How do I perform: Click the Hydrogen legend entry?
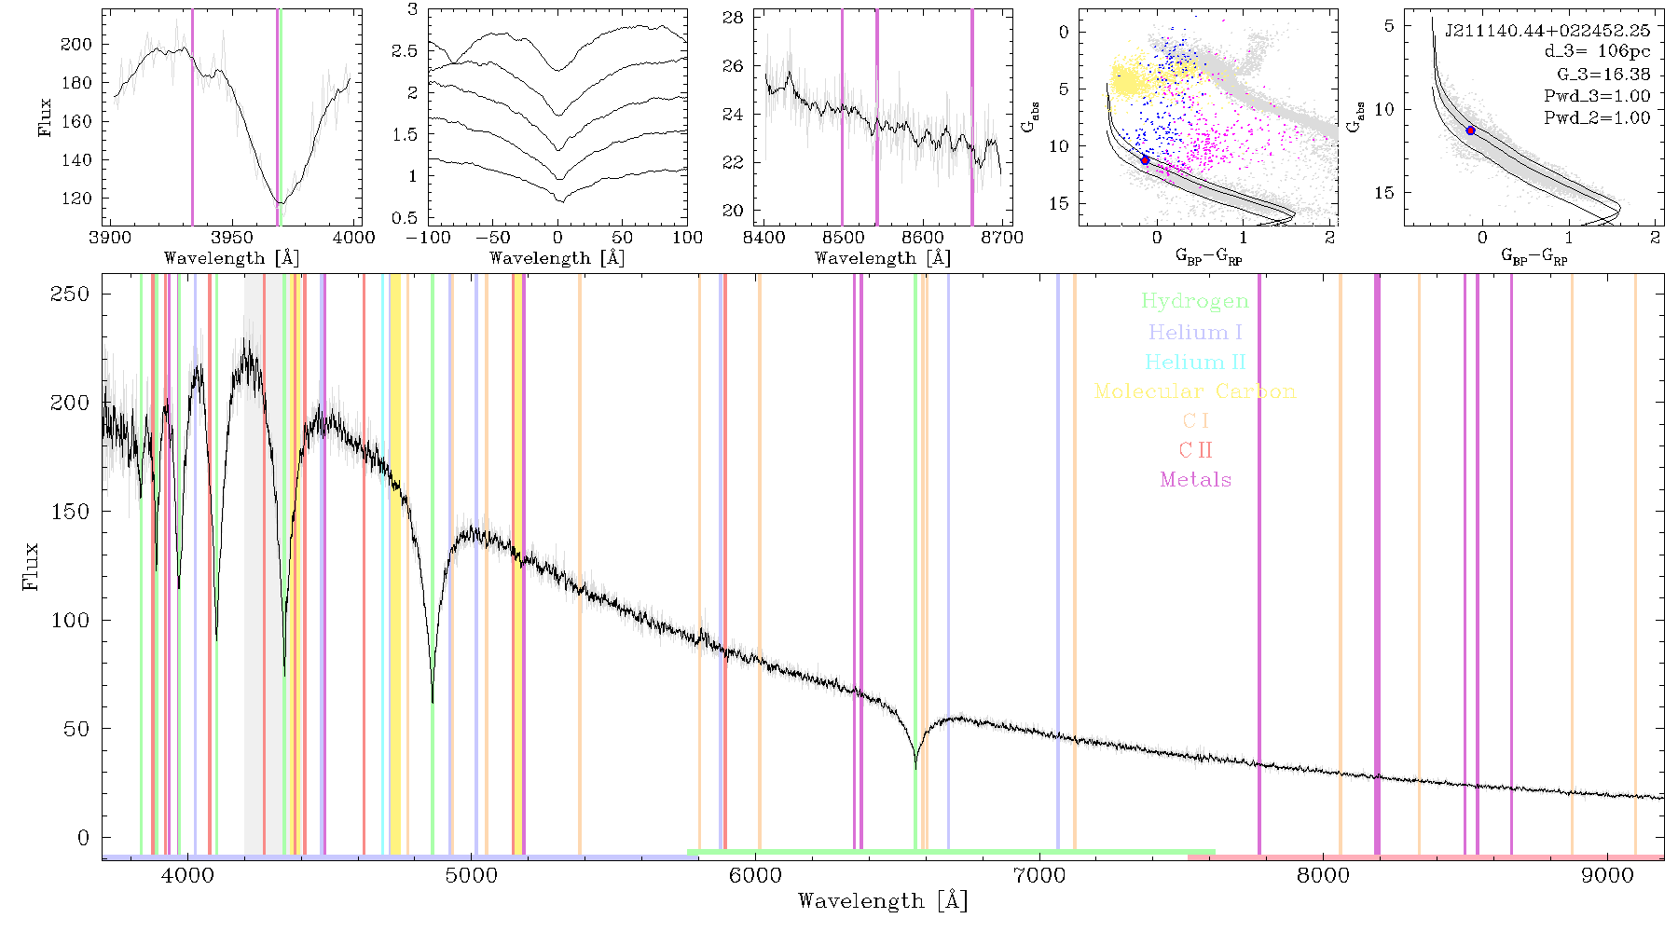click(x=1195, y=301)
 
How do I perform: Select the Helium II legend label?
click(x=1195, y=362)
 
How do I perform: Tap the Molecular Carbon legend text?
click(x=1195, y=391)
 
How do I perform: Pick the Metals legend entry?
click(x=1195, y=480)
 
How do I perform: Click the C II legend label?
click(x=1195, y=450)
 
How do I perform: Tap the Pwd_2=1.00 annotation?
click(x=1597, y=117)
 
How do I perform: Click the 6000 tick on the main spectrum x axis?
click(x=755, y=875)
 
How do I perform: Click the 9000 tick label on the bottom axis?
click(x=1607, y=875)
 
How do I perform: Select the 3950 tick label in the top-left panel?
click(x=232, y=237)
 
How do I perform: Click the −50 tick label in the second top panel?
click(x=492, y=237)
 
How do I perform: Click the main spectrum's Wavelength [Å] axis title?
click(x=883, y=901)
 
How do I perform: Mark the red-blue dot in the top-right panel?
click(x=1470, y=130)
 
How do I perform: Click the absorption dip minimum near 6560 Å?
click(x=915, y=767)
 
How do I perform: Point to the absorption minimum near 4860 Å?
click(x=433, y=701)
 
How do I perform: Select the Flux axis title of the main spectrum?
click(x=31, y=565)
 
